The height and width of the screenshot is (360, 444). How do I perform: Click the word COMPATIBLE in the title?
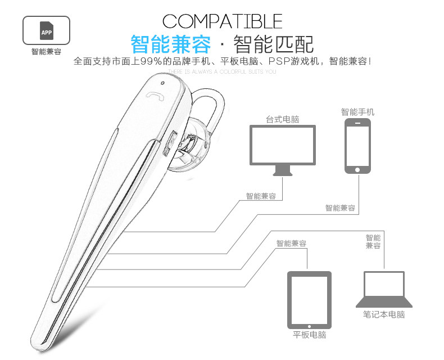[x=222, y=21]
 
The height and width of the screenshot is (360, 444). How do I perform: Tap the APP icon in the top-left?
[x=46, y=31]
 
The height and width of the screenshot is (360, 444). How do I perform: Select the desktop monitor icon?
[x=282, y=146]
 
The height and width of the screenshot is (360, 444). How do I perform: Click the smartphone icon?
[x=357, y=146]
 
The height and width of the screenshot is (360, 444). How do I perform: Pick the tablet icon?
[x=309, y=299]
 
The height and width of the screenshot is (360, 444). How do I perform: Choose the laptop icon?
[x=384, y=290]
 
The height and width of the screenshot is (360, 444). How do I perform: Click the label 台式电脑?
[x=282, y=120]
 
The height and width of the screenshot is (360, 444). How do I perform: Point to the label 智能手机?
[x=357, y=112]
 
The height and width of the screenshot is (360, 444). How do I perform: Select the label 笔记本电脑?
[x=384, y=314]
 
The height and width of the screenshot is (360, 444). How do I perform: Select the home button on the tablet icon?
[x=309, y=325]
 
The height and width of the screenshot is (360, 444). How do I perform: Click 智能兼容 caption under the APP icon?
[x=46, y=52]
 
